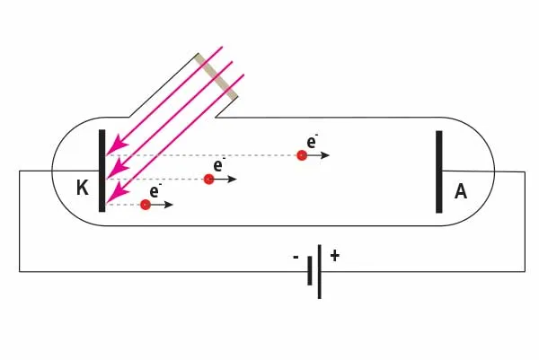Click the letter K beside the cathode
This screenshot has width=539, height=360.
pyautogui.click(x=83, y=189)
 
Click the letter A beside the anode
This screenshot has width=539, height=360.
pyautogui.click(x=461, y=190)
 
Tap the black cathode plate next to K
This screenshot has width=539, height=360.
pyautogui.click(x=102, y=171)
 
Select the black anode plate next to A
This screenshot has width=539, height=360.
pyautogui.click(x=439, y=171)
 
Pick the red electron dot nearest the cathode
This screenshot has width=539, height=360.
pyautogui.click(x=146, y=206)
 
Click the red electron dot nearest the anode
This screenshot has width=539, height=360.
pyautogui.click(x=302, y=155)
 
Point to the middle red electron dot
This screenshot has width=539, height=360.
pyautogui.click(x=208, y=180)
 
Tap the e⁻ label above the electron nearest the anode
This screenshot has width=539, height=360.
pyautogui.click(x=312, y=141)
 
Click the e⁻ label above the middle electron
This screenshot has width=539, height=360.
pyautogui.click(x=218, y=165)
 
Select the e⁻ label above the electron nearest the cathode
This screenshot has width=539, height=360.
pyautogui.click(x=155, y=191)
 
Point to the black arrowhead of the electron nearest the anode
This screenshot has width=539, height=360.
pyautogui.click(x=325, y=155)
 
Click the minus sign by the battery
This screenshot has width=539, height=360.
pyautogui.click(x=296, y=257)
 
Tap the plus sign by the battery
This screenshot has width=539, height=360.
pyautogui.click(x=334, y=256)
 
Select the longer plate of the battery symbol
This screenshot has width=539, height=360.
pyautogui.click(x=320, y=270)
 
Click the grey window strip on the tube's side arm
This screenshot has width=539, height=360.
pyautogui.click(x=217, y=76)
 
